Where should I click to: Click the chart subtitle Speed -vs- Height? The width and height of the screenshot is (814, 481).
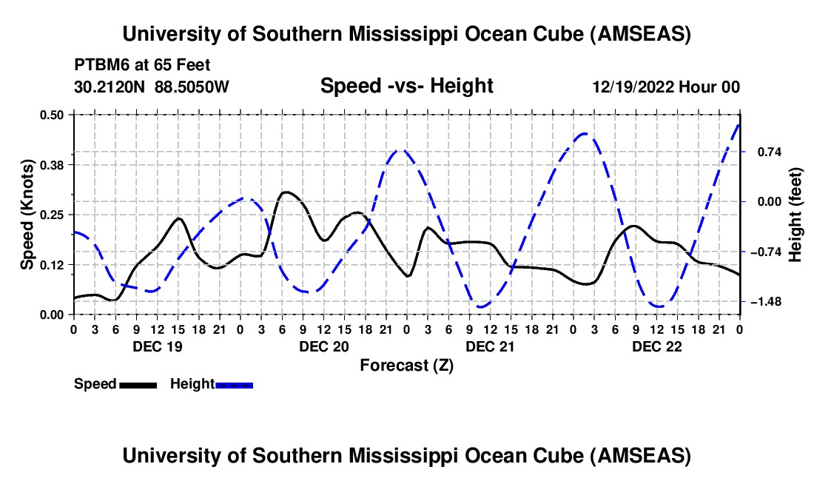[x=406, y=87]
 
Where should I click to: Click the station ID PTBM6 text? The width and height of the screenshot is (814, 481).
[x=99, y=64]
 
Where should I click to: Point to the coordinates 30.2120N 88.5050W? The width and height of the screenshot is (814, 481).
[x=152, y=87]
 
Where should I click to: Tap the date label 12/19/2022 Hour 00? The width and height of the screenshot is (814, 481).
[x=666, y=87]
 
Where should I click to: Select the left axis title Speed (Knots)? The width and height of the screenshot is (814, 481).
[x=27, y=215]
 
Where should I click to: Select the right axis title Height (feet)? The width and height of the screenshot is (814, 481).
[x=796, y=215]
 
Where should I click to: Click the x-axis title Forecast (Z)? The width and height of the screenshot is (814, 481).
[x=406, y=365]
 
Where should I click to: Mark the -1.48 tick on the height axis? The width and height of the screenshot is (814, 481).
[x=763, y=302]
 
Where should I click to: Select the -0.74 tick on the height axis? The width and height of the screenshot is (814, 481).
[x=763, y=252]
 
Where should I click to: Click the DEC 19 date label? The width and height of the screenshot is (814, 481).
[x=156, y=346]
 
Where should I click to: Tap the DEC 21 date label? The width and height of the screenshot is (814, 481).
[x=490, y=346]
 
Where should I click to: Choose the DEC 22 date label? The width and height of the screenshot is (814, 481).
[x=656, y=346]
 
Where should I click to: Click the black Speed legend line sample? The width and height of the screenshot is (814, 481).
[x=138, y=384]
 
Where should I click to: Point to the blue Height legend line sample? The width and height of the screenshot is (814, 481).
[x=234, y=384]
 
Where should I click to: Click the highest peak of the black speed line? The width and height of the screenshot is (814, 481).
[x=286, y=192]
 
